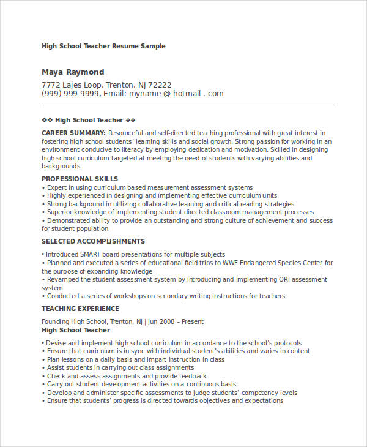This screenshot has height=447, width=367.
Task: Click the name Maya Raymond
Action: [x=73, y=72]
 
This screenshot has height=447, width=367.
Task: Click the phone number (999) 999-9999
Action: [x=68, y=94]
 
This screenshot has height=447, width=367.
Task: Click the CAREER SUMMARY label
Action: [x=73, y=133]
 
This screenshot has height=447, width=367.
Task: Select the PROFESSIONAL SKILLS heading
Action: [x=80, y=179]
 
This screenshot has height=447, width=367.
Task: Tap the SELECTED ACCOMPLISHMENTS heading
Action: [x=93, y=241]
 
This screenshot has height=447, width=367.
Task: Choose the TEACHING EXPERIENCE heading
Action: [x=80, y=309]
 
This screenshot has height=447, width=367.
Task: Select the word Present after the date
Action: [x=192, y=321]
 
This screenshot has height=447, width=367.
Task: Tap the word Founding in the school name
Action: [x=56, y=321]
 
